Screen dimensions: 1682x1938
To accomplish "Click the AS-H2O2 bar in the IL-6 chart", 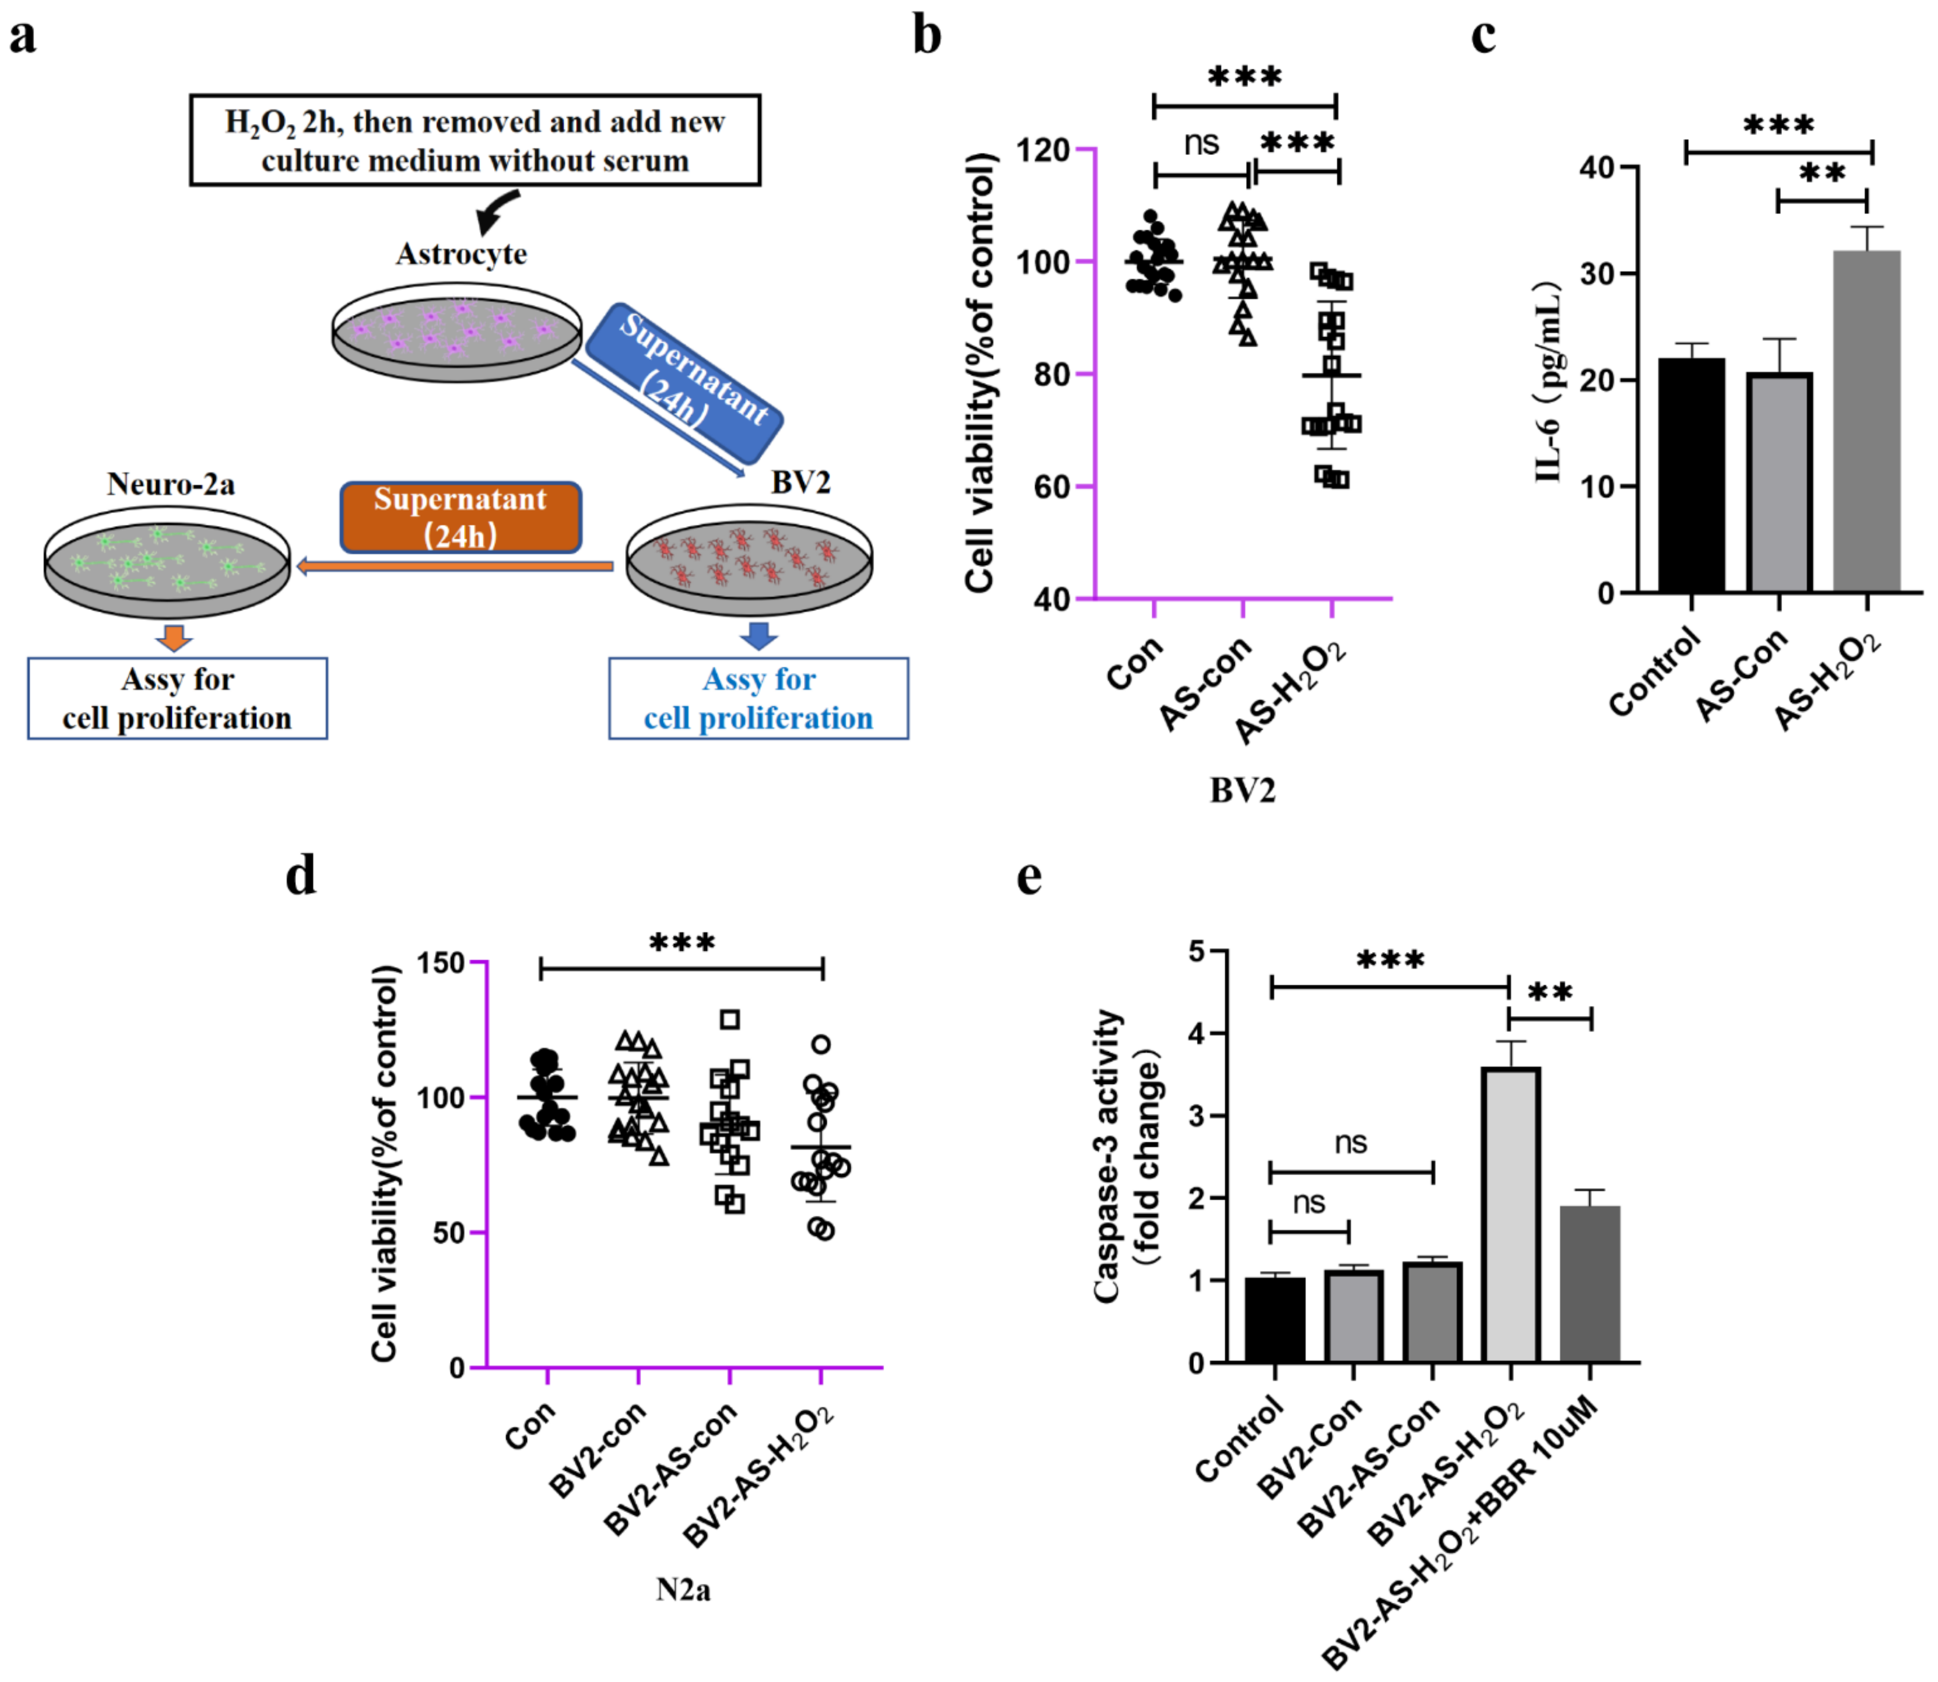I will (1866, 422).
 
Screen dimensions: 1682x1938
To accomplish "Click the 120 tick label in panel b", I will (1044, 150).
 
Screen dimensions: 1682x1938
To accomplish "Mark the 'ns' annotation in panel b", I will (1201, 143).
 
